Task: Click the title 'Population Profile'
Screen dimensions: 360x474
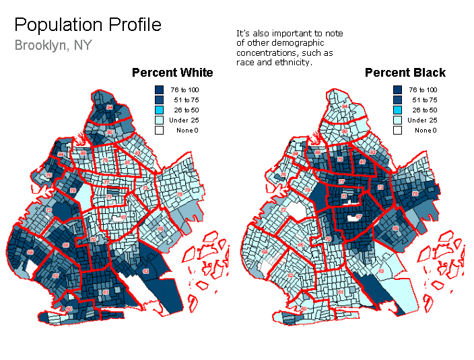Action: pos(88,26)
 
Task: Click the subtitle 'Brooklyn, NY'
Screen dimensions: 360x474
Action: pos(53,46)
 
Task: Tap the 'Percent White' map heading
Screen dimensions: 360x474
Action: pos(172,73)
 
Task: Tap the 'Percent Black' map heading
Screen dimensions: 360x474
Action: pos(405,73)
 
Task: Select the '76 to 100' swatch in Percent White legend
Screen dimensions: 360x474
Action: pos(159,89)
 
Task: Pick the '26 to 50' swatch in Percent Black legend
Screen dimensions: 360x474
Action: pos(397,110)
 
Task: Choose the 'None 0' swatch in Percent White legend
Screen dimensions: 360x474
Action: pos(159,130)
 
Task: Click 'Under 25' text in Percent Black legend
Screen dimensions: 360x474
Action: pos(422,120)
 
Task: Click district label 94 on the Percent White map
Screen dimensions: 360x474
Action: pos(110,107)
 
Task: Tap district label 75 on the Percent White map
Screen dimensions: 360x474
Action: pos(180,194)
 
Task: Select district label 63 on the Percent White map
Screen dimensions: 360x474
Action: pos(146,271)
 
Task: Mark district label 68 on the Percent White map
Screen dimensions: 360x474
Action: pos(30,252)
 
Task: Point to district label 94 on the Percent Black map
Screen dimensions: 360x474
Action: pos(345,106)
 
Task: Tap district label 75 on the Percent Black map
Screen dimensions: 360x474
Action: pos(415,194)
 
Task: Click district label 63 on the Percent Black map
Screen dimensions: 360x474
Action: pos(381,271)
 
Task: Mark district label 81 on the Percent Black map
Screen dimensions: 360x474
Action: pos(362,161)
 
